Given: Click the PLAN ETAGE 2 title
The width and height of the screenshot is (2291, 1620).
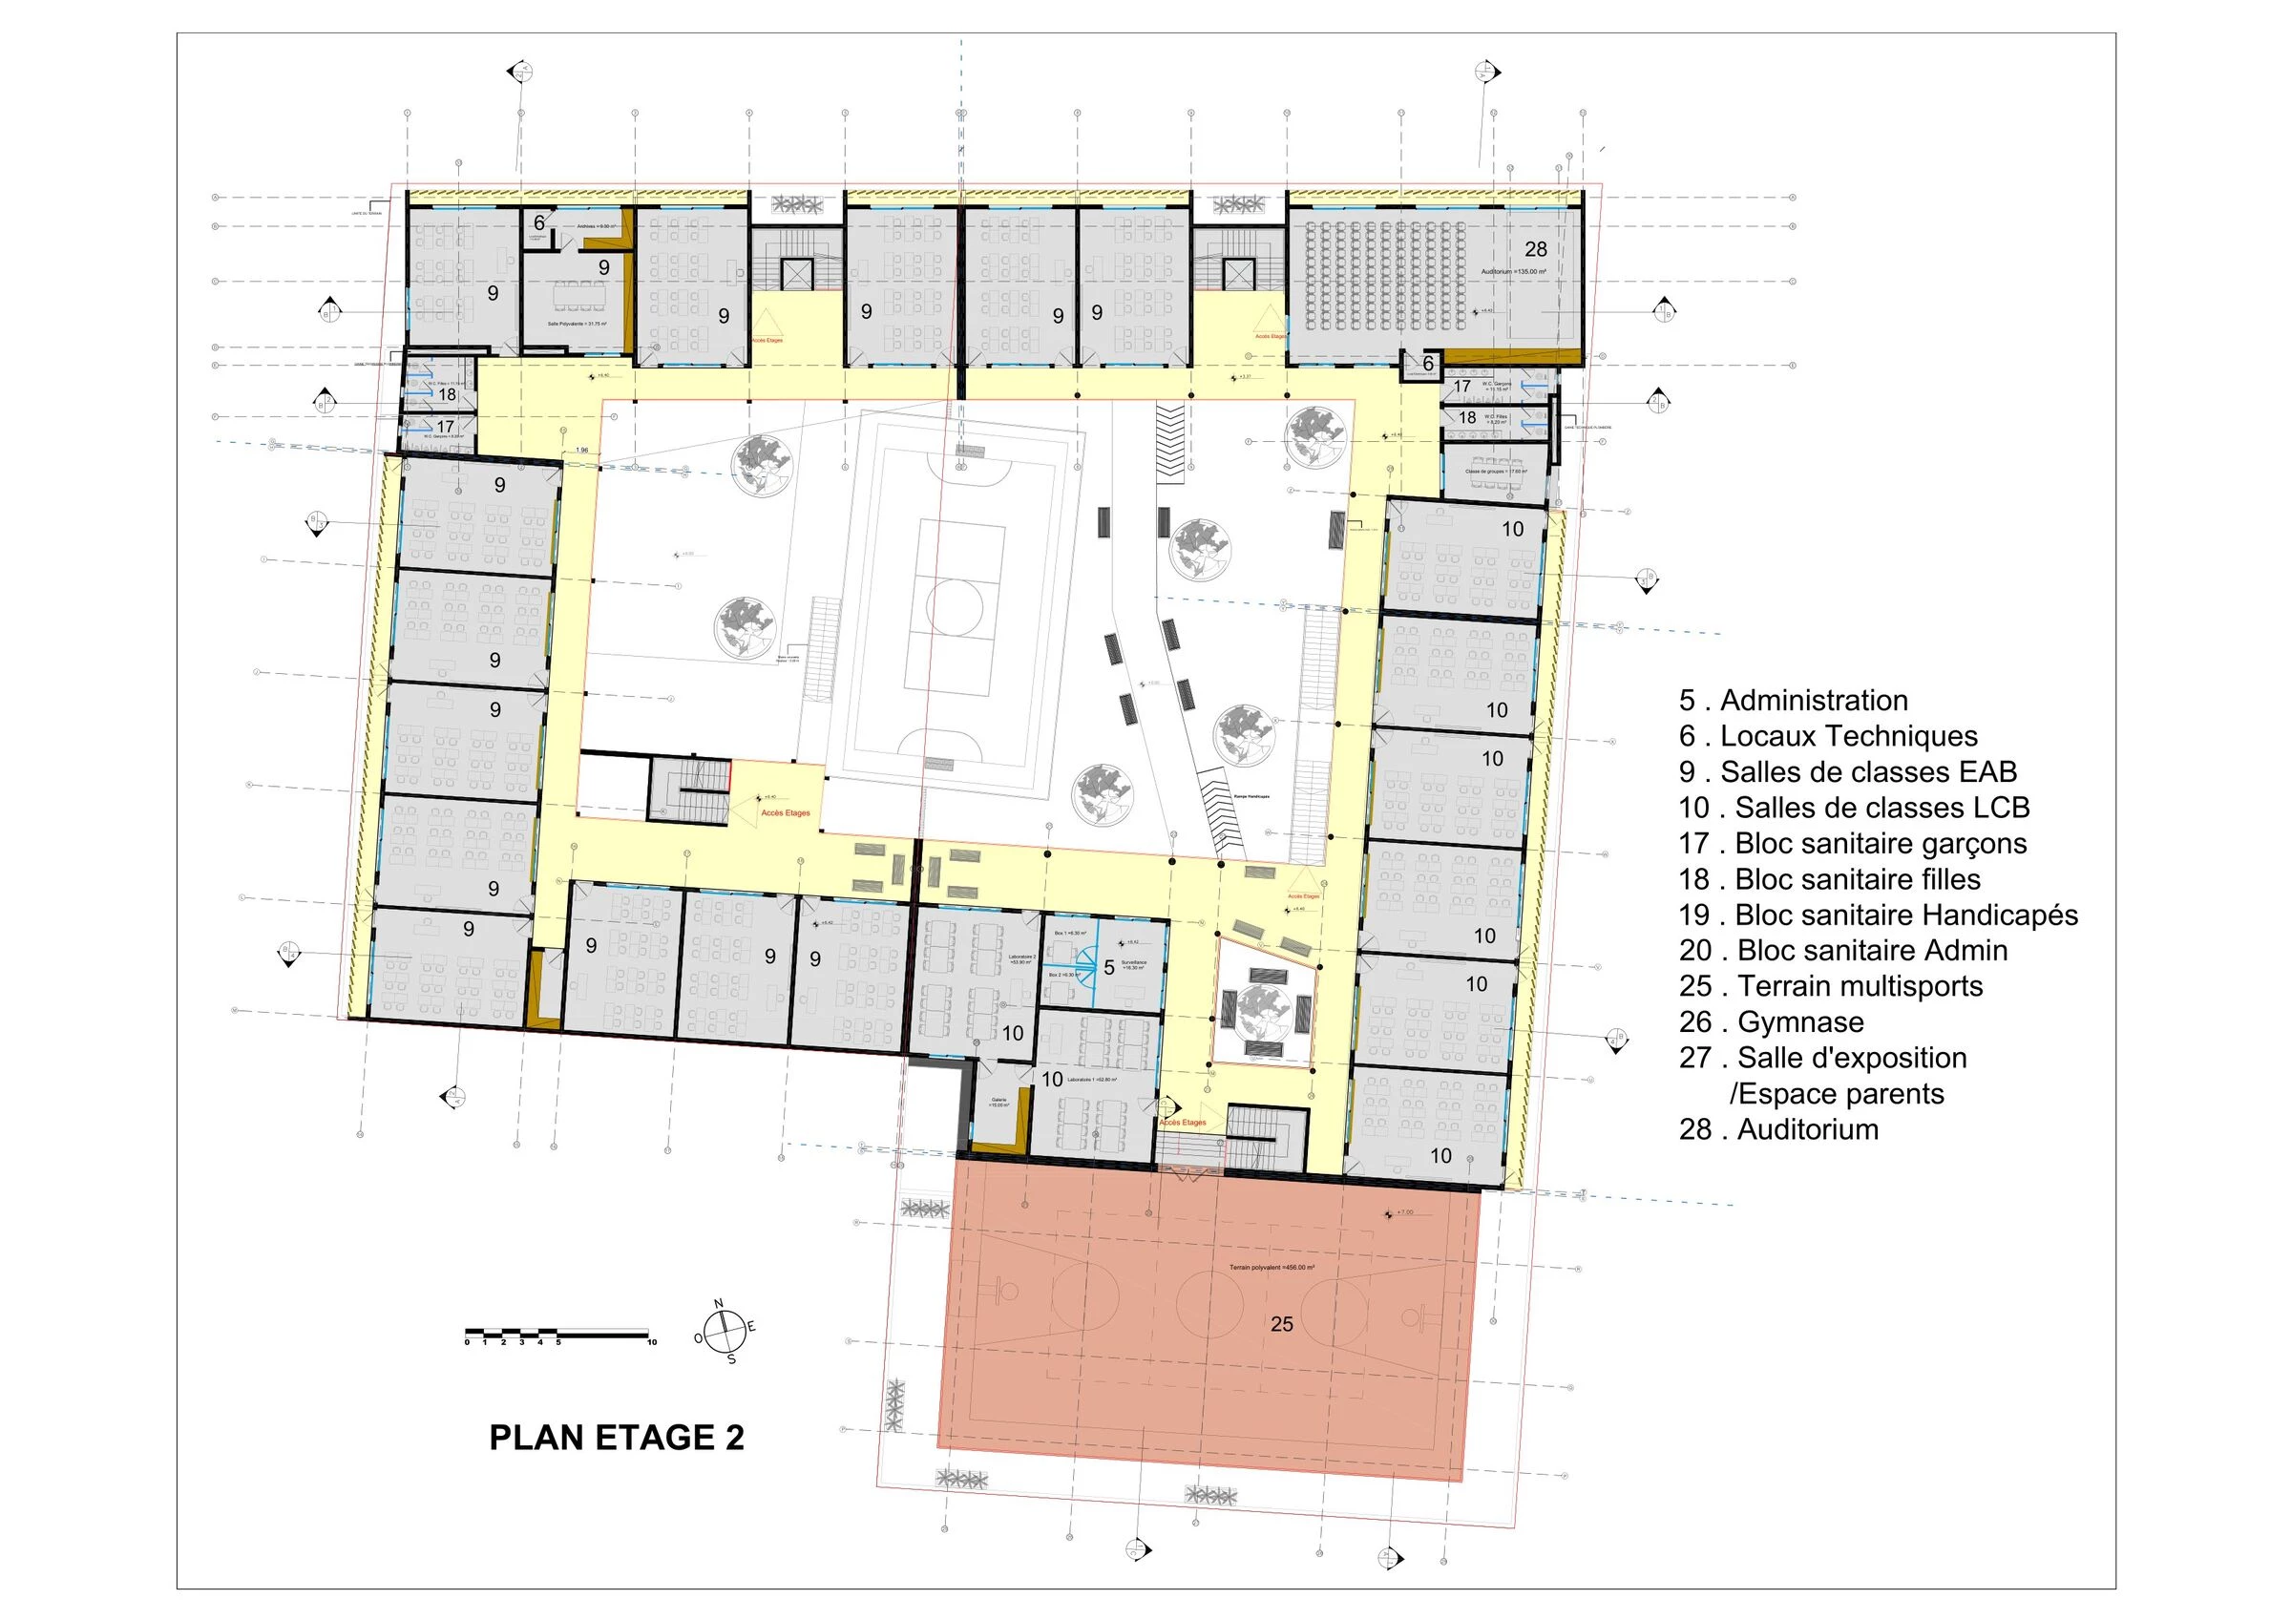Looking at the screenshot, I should click(x=616, y=1438).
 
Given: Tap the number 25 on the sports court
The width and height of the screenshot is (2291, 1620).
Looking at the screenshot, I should click(x=1281, y=1325).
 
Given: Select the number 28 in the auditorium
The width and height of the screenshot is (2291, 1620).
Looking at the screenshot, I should click(x=1536, y=249).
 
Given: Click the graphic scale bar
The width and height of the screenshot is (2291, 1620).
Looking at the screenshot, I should click(x=558, y=1335).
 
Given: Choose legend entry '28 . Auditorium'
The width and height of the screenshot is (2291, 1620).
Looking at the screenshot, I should click(x=1778, y=1129).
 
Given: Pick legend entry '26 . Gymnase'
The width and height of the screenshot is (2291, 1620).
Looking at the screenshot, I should click(x=1771, y=1022).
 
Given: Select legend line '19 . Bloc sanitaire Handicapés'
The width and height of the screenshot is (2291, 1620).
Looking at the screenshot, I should click(x=1878, y=915).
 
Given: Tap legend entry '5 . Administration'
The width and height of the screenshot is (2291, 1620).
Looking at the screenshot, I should click(x=1793, y=700).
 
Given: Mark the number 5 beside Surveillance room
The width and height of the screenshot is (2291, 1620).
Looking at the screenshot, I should click(x=1108, y=968).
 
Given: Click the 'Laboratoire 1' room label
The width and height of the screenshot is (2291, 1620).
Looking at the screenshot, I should click(x=1092, y=1080).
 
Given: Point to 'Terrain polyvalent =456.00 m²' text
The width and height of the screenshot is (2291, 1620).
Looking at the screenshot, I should click(x=1272, y=1268).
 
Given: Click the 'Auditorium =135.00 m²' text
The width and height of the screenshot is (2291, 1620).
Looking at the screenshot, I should click(x=1514, y=271).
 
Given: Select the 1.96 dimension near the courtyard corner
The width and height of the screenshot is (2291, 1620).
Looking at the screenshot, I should click(x=581, y=452).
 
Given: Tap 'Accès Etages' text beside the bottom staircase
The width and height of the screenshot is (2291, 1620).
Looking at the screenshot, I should click(x=1183, y=1122).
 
